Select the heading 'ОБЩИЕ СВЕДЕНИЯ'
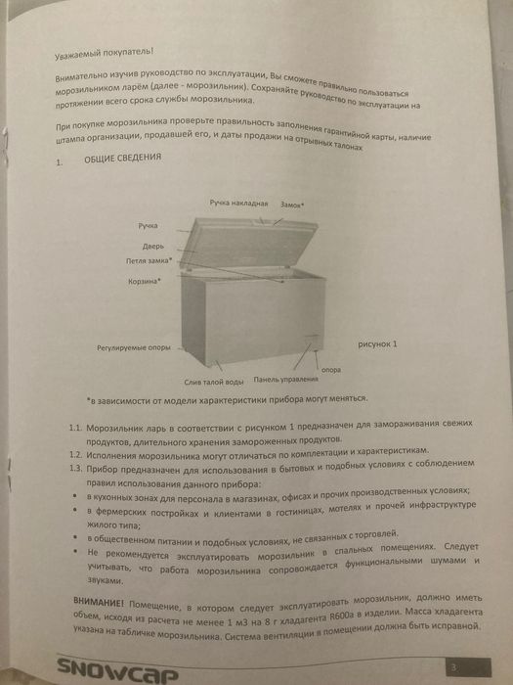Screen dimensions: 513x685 (122, 160)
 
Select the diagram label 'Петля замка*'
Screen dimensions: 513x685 (149, 261)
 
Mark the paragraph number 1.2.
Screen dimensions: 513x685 (76, 456)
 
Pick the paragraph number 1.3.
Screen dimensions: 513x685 (76, 471)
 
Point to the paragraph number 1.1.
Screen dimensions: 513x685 (76, 429)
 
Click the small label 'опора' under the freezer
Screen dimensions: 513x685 (331, 370)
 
